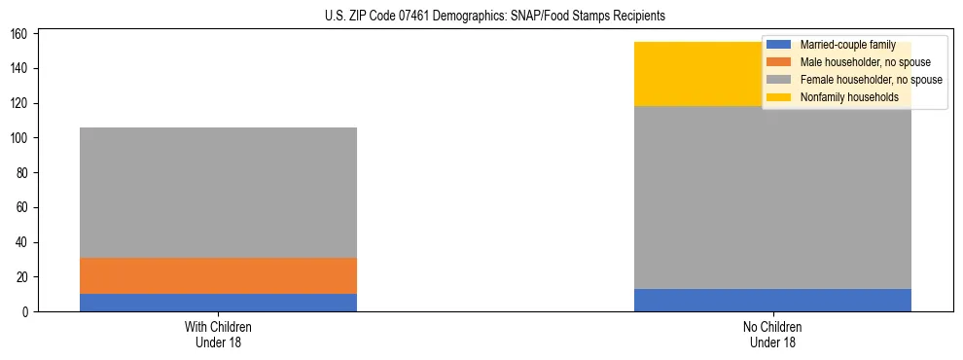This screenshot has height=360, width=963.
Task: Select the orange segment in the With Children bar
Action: pyautogui.click(x=218, y=275)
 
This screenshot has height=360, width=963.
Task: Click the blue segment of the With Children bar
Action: pyautogui.click(x=218, y=303)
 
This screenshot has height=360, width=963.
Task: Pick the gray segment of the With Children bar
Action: pyautogui.click(x=218, y=193)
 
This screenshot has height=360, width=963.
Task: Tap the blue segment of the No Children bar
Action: pyautogui.click(x=772, y=300)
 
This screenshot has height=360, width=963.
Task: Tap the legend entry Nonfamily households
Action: pyautogui.click(x=849, y=97)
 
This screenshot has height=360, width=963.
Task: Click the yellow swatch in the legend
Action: pyautogui.click(x=779, y=97)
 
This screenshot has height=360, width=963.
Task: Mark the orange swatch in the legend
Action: pyautogui.click(x=779, y=62)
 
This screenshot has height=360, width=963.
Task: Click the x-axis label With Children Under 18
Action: pyautogui.click(x=218, y=334)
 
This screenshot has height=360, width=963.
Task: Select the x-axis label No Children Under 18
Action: pyautogui.click(x=772, y=334)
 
